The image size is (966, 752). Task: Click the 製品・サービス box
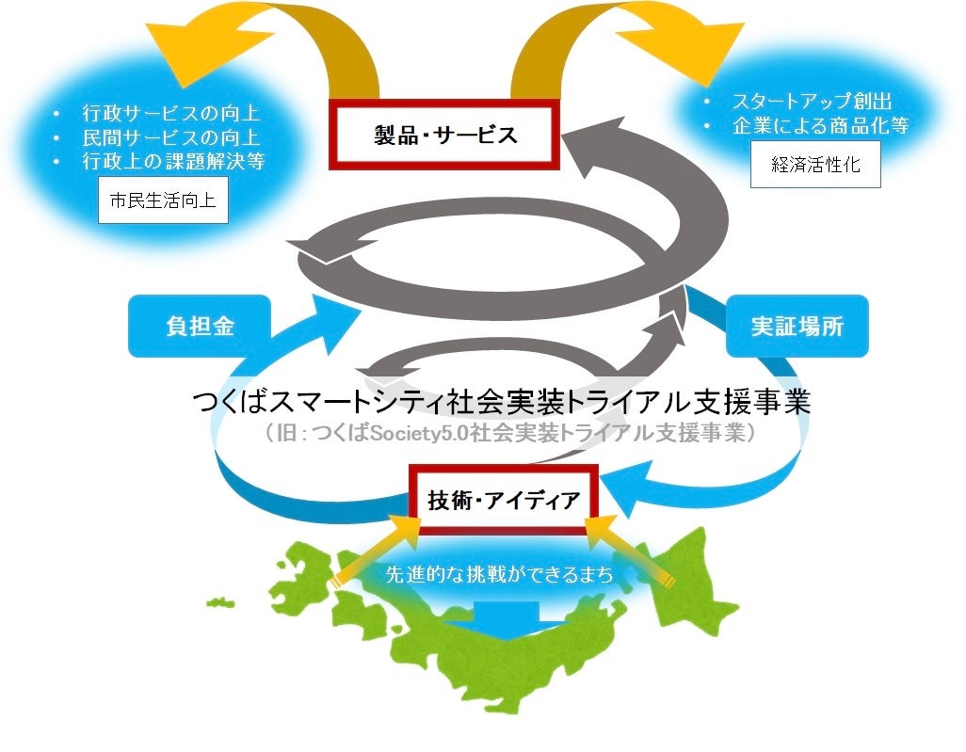(445, 134)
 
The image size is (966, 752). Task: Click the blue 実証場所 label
(797, 327)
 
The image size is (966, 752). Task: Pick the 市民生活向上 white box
(163, 201)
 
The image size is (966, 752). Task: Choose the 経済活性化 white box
(815, 165)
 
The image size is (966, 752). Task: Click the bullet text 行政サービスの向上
(170, 114)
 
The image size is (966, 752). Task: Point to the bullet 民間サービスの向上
(170, 137)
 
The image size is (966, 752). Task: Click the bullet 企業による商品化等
(820, 126)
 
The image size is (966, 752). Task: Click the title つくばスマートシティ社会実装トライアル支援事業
(500, 404)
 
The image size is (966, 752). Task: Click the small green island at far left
(220, 602)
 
